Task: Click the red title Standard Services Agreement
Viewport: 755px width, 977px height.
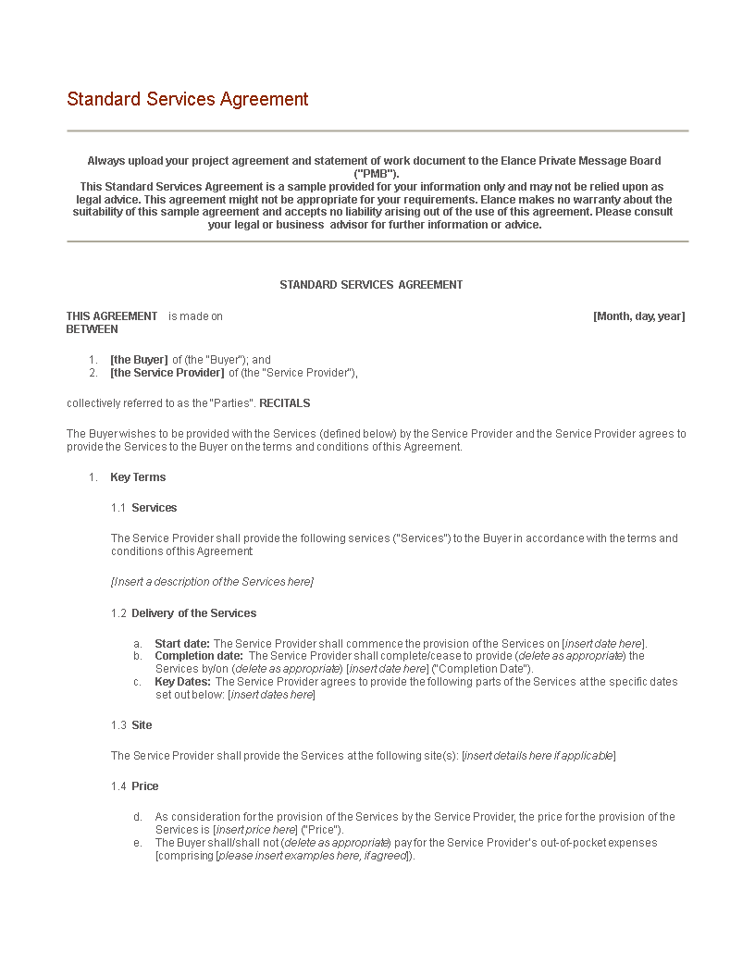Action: tap(188, 100)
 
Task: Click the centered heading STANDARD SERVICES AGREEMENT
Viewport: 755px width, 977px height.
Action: tap(371, 285)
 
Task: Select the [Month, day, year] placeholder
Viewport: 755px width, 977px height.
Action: tap(638, 316)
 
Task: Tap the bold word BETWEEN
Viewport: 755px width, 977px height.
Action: tap(93, 329)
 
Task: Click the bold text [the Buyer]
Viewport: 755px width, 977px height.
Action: tap(139, 360)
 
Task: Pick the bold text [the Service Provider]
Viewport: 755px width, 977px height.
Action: tap(167, 373)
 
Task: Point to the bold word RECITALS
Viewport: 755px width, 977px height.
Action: tap(285, 403)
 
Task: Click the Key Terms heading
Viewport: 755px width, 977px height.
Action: tap(138, 477)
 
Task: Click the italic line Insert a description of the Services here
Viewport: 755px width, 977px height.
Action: tap(212, 582)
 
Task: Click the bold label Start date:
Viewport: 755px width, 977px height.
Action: tap(182, 644)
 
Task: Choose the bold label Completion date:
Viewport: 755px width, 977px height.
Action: tap(199, 657)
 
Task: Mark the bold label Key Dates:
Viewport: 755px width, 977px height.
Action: tap(182, 682)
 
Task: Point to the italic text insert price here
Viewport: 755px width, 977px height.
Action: tap(255, 830)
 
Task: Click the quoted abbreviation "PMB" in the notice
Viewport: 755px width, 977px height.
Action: tap(377, 174)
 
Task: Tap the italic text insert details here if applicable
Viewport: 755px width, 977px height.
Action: tap(538, 756)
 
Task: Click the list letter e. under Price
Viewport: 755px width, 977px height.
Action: tap(138, 843)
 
